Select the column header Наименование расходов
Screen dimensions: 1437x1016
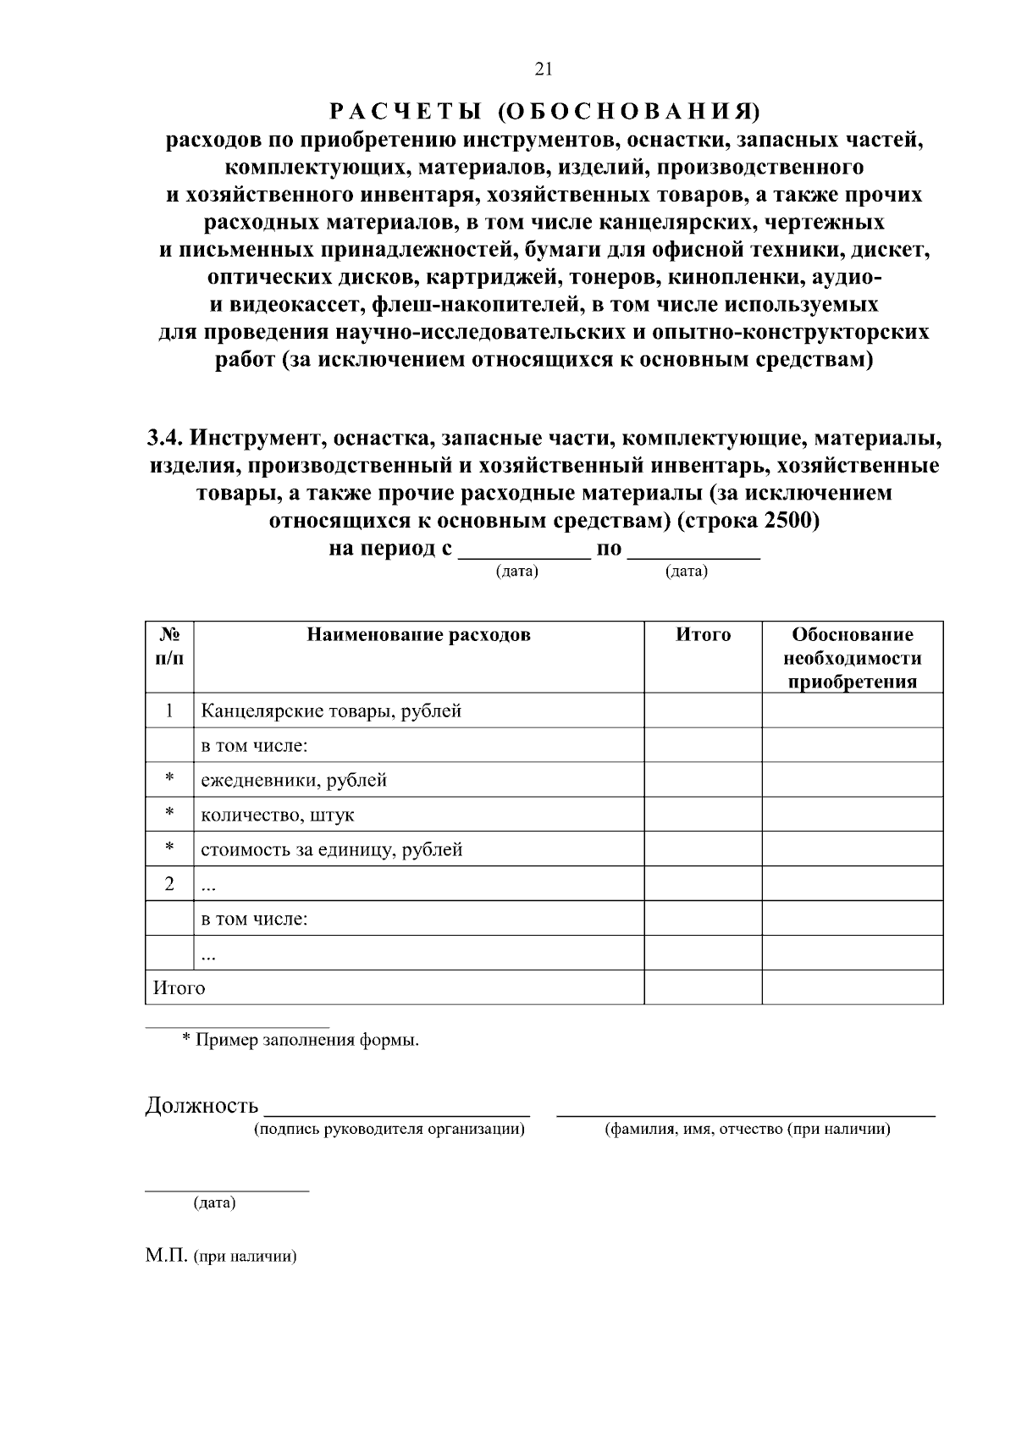418,635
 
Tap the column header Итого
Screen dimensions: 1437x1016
703,635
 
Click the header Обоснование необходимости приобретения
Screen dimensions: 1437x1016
852,658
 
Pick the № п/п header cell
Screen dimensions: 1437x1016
169,646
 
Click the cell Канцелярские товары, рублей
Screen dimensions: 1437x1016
331,710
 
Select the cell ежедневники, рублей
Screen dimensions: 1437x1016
294,780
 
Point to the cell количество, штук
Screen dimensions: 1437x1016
278,815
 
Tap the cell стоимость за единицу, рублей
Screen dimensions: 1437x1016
332,849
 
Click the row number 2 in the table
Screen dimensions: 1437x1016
169,884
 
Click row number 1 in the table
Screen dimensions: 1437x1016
169,710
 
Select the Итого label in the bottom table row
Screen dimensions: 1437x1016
179,987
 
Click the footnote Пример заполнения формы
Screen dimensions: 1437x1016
306,1040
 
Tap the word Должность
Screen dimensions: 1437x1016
202,1105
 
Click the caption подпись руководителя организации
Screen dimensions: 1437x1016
389,1129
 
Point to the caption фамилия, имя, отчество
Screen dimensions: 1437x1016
745,1129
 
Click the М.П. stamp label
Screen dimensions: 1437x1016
167,1257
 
